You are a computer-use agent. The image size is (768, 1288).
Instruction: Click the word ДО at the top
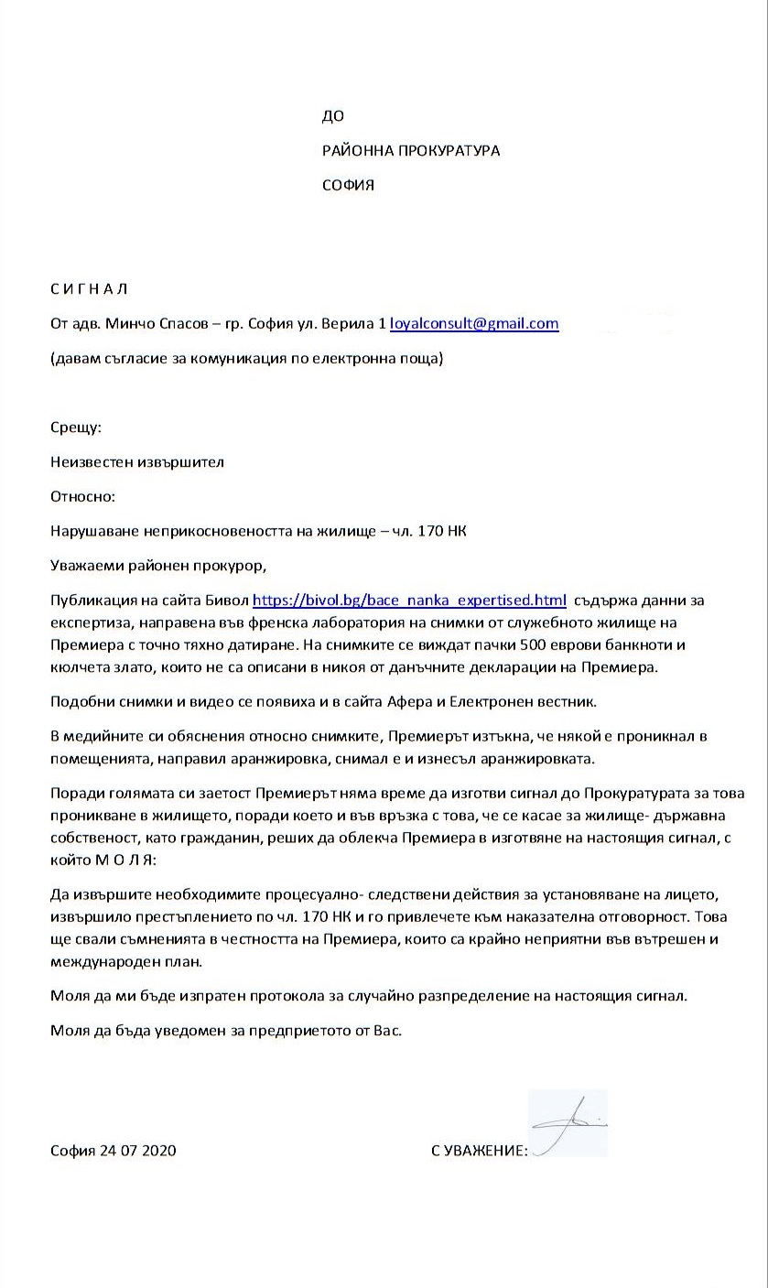[332, 116]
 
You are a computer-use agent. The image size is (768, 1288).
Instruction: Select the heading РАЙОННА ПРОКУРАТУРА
[411, 151]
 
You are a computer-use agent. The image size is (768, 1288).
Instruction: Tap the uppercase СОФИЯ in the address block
[348, 186]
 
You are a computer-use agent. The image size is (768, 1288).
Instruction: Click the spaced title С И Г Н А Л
[89, 289]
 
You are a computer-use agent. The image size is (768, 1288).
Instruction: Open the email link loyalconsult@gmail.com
[474, 324]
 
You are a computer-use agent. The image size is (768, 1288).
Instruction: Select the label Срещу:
[76, 428]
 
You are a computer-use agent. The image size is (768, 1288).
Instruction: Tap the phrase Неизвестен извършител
[137, 462]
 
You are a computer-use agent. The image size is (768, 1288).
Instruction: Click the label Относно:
[83, 497]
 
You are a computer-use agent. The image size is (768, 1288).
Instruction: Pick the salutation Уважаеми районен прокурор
[158, 566]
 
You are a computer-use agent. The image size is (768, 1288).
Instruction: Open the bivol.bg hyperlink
[409, 601]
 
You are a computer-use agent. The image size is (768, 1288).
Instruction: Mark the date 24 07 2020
[140, 1151]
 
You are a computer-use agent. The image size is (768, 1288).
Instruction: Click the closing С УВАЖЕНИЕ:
[480, 1151]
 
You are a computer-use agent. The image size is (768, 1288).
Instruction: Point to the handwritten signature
[568, 1124]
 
